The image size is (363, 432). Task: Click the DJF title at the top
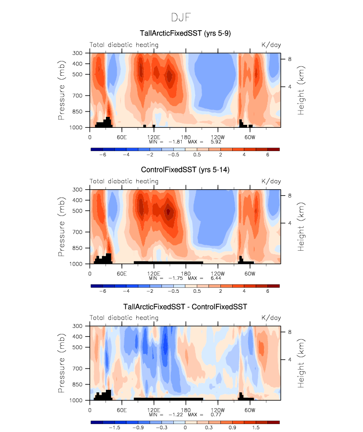(181, 17)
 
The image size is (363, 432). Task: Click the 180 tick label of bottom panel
(185, 409)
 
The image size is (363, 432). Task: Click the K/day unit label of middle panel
(271, 181)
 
